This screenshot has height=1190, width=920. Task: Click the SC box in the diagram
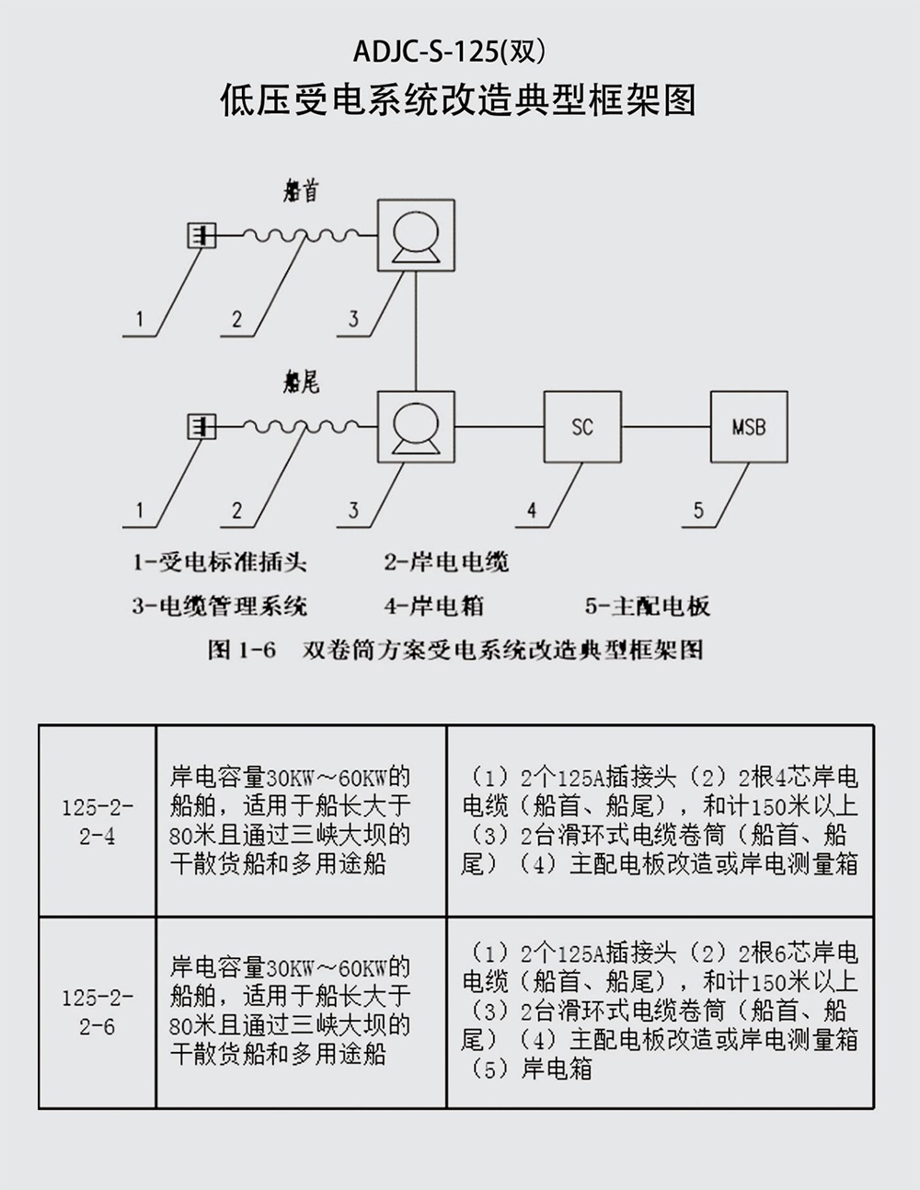coord(582,427)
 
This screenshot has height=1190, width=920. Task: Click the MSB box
coord(748,427)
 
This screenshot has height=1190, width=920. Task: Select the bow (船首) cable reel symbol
coord(416,235)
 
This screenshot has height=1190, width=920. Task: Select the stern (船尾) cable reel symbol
coord(416,427)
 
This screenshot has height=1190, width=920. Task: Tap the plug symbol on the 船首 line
coord(201,236)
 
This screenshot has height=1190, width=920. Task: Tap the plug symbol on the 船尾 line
coord(201,427)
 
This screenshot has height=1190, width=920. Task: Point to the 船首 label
coord(301,191)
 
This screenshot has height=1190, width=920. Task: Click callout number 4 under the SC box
coord(531,511)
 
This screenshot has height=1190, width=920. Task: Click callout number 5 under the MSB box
coord(698,511)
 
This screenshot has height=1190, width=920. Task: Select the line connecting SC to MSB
coord(665,427)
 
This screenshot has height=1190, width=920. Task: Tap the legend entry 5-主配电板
coord(648,607)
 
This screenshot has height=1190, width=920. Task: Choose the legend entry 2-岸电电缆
coord(446,562)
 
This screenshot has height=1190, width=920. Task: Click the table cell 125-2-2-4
coord(98,821)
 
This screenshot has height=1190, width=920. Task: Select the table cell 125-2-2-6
coord(98,1011)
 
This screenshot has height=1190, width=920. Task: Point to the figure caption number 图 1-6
coord(242,650)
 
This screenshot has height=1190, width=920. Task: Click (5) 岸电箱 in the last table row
coord(531,1069)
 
